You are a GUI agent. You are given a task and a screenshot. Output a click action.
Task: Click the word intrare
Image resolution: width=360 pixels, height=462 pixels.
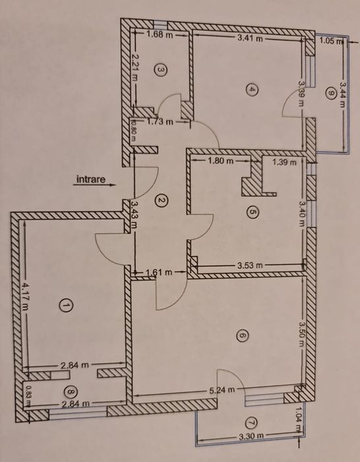click(x=90, y=178)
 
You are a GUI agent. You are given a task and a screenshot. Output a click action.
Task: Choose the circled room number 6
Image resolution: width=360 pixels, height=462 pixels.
click(x=242, y=337)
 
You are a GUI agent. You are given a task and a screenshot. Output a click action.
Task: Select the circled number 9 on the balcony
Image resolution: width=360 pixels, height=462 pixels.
click(x=329, y=93)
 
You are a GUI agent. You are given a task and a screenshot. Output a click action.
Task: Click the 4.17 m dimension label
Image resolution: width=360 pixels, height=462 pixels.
click(x=24, y=295)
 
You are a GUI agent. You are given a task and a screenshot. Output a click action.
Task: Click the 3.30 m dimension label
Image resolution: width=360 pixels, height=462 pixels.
click(x=249, y=436)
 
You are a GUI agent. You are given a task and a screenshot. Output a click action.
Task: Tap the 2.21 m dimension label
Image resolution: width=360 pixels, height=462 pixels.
click(x=134, y=68)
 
